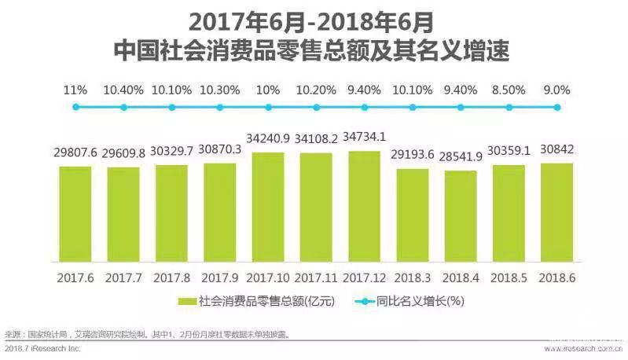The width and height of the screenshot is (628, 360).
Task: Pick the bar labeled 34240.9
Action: click(267, 207)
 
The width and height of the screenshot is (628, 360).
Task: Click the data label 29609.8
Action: click(123, 153)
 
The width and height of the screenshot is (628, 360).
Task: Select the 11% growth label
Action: click(75, 90)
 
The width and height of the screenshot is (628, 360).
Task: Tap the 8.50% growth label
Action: click(509, 90)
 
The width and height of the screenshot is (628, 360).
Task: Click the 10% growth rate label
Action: click(267, 90)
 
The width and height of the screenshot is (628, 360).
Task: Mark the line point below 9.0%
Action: click(557, 108)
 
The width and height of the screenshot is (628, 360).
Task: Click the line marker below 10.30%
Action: click(219, 108)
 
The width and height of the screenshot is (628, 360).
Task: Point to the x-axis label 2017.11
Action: click(315, 277)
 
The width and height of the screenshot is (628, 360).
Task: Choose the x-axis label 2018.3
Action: click(412, 277)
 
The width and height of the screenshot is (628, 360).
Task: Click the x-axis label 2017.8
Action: click(171, 277)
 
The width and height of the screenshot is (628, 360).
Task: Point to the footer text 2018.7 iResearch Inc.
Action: click(42, 348)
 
